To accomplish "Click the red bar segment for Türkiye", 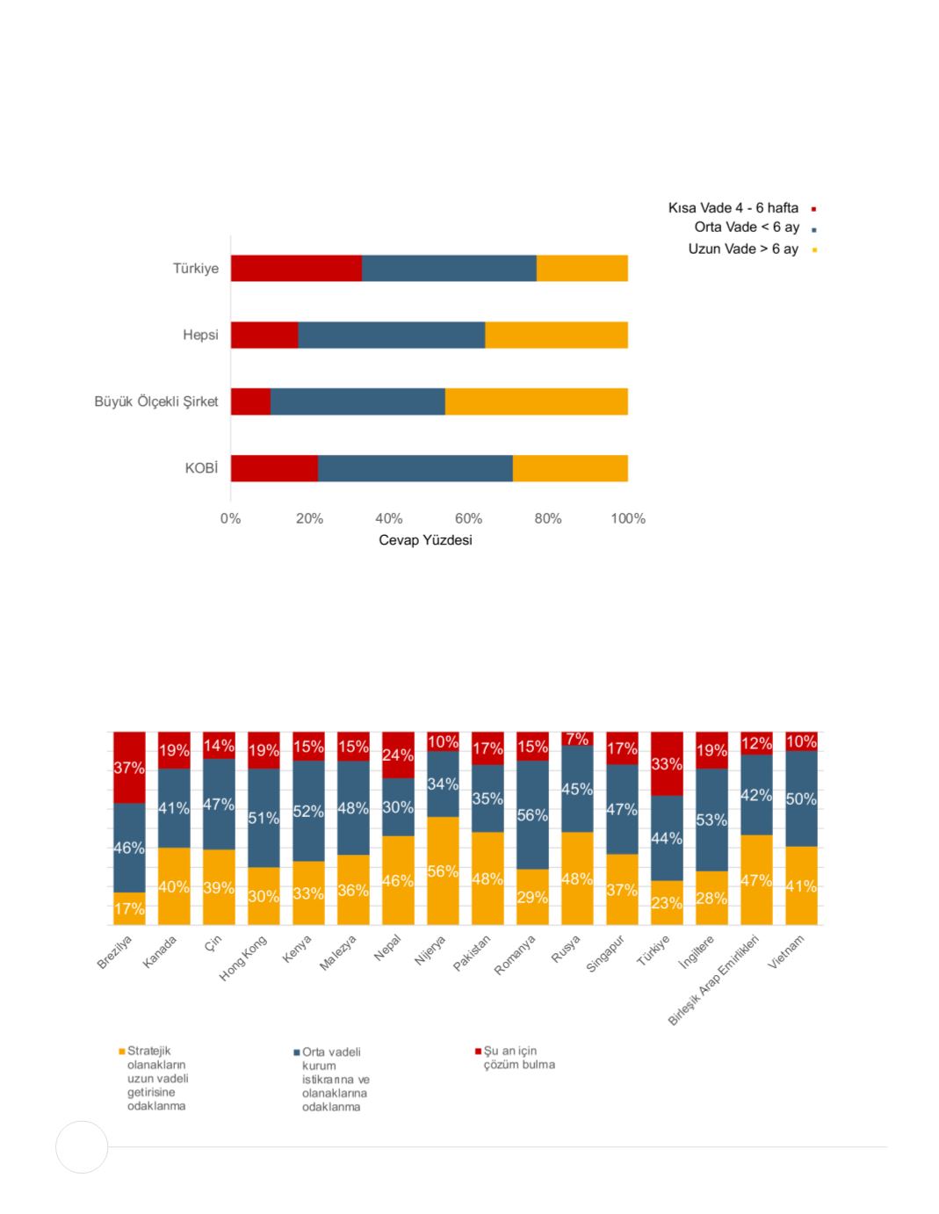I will click(296, 268).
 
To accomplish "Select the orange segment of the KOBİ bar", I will click(570, 468).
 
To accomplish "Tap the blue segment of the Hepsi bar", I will click(391, 335).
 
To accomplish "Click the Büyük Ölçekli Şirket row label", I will click(156, 401).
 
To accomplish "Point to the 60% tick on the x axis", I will click(468, 518).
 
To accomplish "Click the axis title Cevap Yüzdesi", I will click(425, 539).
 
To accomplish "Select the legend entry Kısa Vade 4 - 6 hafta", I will click(733, 208).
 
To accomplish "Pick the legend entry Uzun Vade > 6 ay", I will click(743, 249).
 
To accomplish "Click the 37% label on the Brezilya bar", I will click(129, 768).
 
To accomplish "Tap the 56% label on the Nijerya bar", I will click(443, 871).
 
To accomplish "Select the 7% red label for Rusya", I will click(577, 740).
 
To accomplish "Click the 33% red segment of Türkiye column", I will click(667, 763).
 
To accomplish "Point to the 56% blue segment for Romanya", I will click(532, 814).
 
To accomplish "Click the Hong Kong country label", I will click(243, 958).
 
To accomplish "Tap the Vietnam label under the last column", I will click(786, 952).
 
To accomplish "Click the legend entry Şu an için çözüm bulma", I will click(518, 1058).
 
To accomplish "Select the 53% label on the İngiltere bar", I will click(711, 820).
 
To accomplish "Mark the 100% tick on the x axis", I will click(628, 518).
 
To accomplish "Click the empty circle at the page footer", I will click(82, 1146).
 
